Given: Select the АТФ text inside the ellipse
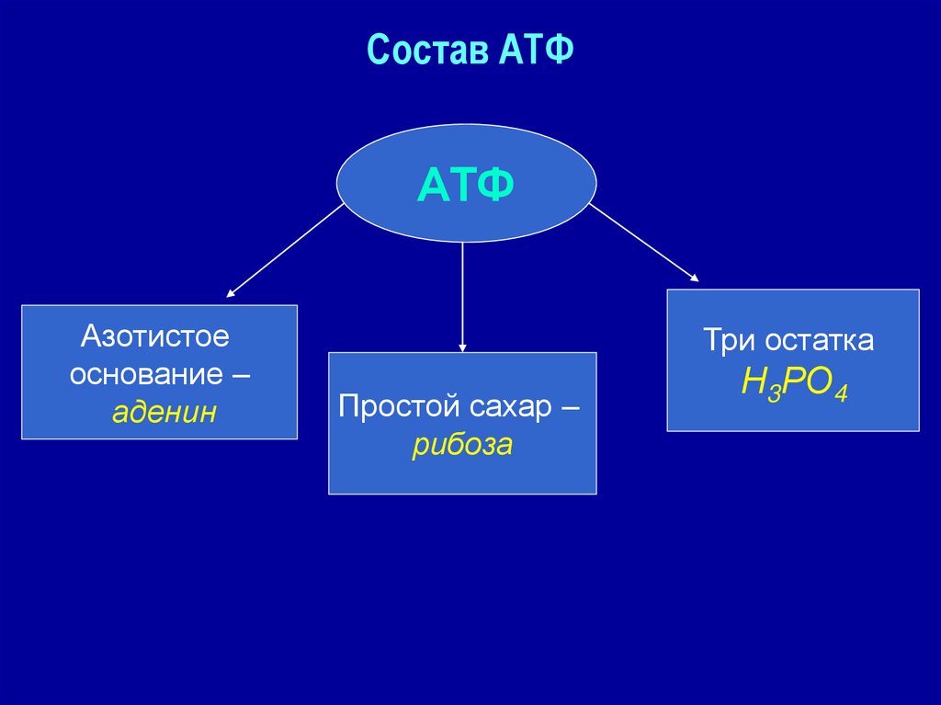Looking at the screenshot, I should pyautogui.click(x=465, y=187).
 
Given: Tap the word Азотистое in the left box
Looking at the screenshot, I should pyautogui.click(x=154, y=335).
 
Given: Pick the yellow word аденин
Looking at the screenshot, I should pyautogui.click(x=164, y=412).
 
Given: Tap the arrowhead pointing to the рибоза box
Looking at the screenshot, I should pyautogui.click(x=462, y=347).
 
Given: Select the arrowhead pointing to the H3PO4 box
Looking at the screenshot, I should pyautogui.click(x=694, y=278).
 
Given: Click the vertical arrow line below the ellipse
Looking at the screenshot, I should pyautogui.click(x=462, y=294).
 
